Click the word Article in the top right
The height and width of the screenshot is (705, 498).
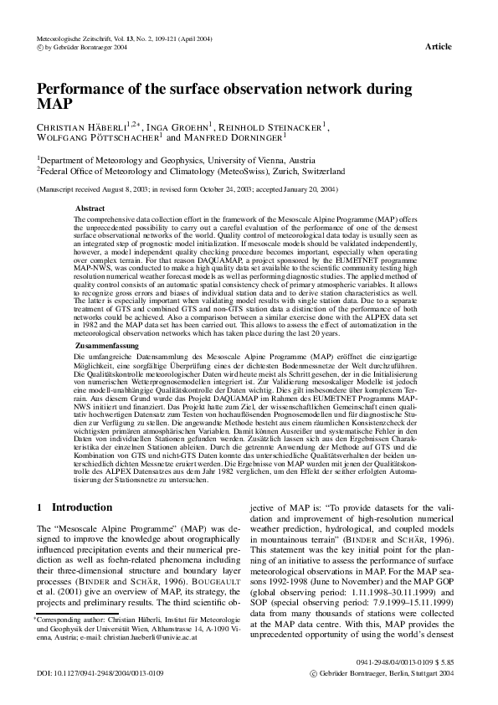pyautogui.click(x=439, y=47)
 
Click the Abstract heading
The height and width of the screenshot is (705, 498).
pyautogui.click(x=90, y=207)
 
